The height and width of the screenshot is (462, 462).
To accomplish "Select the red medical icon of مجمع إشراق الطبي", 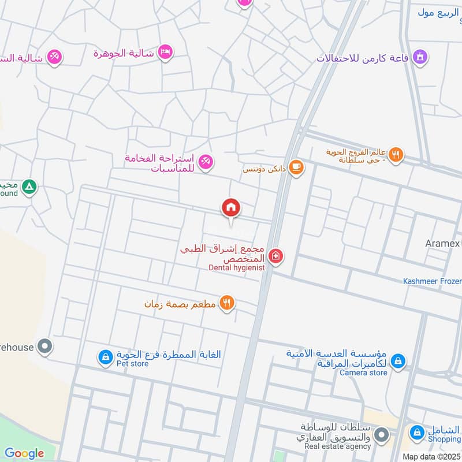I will (x=276, y=256).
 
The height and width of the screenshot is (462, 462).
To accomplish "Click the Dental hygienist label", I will (x=237, y=267).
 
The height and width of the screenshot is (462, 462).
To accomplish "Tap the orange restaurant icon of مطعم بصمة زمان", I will (x=227, y=302).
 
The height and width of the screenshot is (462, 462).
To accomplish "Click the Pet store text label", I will (x=133, y=364).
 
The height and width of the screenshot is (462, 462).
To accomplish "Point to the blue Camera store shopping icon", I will (x=397, y=362).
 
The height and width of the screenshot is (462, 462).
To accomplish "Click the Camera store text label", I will (x=363, y=372).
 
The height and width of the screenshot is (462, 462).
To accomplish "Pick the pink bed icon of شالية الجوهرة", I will (x=165, y=53).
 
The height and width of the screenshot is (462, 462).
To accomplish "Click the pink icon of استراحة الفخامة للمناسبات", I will (x=205, y=162).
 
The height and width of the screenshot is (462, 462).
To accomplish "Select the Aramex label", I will (x=443, y=243).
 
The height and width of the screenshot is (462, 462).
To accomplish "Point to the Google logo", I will (x=24, y=453).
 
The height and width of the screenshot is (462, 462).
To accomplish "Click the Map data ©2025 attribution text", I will (x=431, y=456).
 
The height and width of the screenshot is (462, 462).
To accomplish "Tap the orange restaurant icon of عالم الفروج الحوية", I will (x=396, y=154).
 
